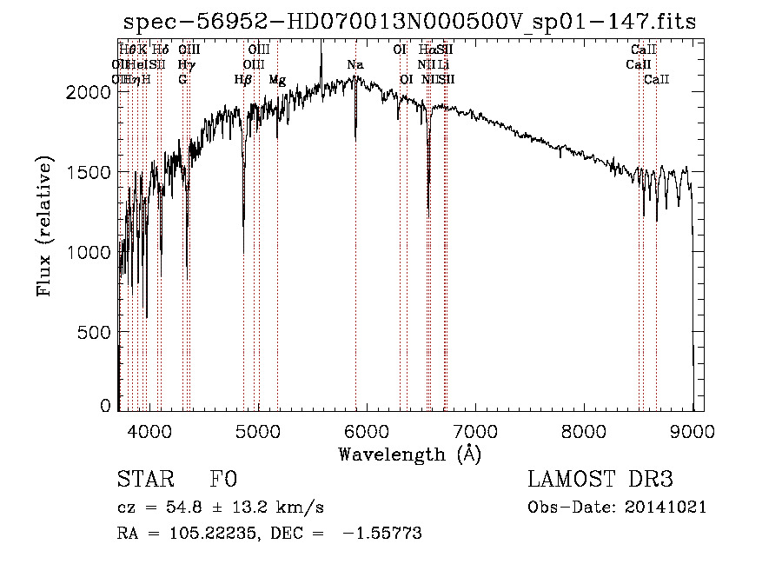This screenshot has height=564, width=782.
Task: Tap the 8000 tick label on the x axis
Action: click(x=583, y=429)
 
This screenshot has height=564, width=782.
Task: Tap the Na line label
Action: click(x=355, y=65)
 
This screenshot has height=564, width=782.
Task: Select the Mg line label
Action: click(x=276, y=80)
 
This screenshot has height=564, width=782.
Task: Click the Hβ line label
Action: click(x=243, y=80)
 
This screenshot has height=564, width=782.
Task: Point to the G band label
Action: click(x=182, y=80)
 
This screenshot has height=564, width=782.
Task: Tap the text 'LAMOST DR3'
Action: click(x=600, y=480)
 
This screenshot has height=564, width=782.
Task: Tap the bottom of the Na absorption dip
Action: click(x=355, y=137)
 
